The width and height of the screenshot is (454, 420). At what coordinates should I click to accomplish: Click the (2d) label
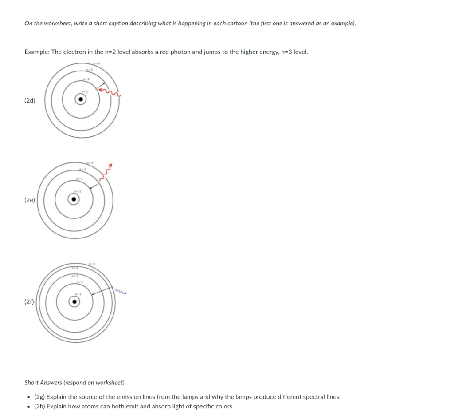(30, 100)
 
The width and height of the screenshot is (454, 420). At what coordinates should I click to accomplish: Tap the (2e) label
(30, 200)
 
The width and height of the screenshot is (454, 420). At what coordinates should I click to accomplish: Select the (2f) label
(29, 302)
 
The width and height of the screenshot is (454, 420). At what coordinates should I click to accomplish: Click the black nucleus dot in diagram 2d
(80, 99)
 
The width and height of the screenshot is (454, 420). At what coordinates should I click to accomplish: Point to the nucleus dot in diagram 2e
(74, 200)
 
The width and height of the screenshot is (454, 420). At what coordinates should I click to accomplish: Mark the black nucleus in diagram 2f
(74, 302)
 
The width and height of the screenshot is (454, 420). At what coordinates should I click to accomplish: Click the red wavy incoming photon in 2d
(110, 92)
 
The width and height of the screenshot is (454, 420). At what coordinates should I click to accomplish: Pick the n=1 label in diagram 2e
(77, 190)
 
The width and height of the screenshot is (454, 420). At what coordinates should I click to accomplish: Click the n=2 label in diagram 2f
(79, 283)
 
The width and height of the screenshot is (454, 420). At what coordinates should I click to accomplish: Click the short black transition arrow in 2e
(93, 186)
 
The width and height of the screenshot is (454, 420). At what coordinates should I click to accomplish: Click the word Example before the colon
(36, 52)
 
